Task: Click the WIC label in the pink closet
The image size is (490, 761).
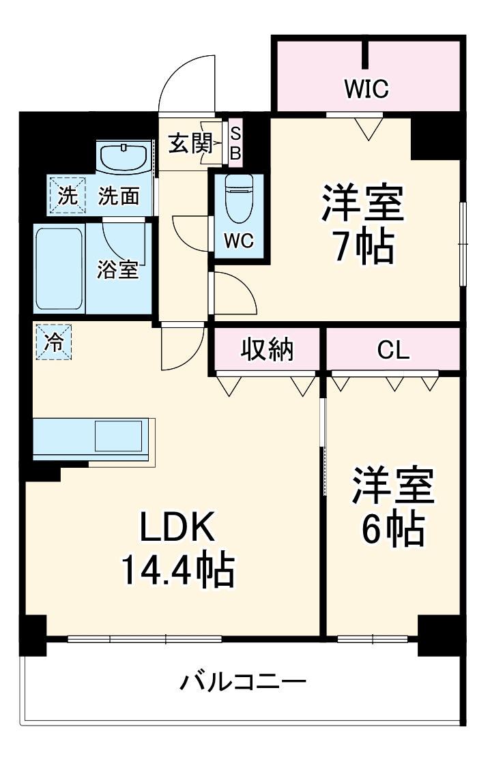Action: tap(366, 87)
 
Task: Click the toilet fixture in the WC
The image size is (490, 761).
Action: tap(239, 198)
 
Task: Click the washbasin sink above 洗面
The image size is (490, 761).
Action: tap(124, 157)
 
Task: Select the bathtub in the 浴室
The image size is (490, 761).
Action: tap(59, 269)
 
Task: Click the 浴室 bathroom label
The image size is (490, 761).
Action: tap(117, 270)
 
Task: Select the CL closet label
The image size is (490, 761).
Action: tap(394, 350)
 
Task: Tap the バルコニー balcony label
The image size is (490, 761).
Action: tap(243, 681)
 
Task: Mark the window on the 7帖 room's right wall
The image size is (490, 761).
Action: tap(463, 243)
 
